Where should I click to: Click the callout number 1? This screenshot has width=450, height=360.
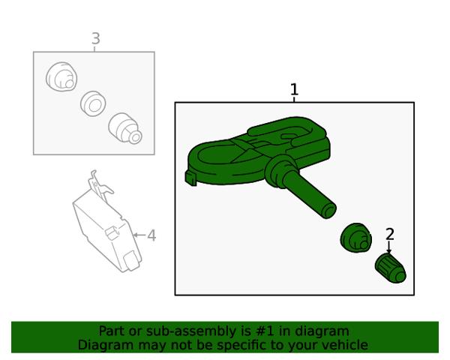(294, 89)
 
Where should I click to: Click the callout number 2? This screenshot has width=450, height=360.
(390, 234)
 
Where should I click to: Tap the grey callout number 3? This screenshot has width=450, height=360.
(96, 38)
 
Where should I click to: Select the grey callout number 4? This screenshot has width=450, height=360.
(151, 235)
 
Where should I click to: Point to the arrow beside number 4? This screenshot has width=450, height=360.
(139, 235)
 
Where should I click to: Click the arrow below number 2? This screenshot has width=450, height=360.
(388, 247)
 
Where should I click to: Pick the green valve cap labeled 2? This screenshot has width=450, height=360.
(390, 268)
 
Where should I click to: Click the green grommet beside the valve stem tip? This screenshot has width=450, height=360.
(355, 238)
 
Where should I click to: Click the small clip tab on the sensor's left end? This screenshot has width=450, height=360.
(190, 178)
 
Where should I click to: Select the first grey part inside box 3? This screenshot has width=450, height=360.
(61, 76)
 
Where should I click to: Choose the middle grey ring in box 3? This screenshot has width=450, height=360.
(93, 103)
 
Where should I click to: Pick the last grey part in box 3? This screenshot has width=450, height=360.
(125, 128)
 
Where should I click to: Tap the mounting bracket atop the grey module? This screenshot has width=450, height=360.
(99, 184)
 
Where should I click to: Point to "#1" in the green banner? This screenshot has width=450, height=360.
(264, 331)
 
